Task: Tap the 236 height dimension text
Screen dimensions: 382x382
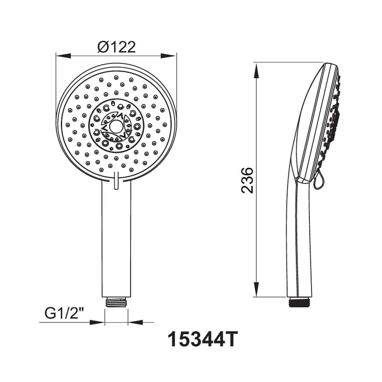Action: (x=247, y=180)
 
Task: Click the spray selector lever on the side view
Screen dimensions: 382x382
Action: (x=318, y=181)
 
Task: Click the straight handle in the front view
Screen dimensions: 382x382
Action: (x=116, y=239)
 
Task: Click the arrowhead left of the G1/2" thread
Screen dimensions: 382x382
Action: (x=97, y=322)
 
